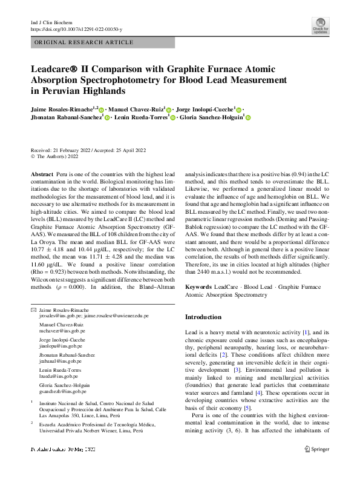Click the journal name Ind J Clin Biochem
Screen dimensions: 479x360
pos(55,22)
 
